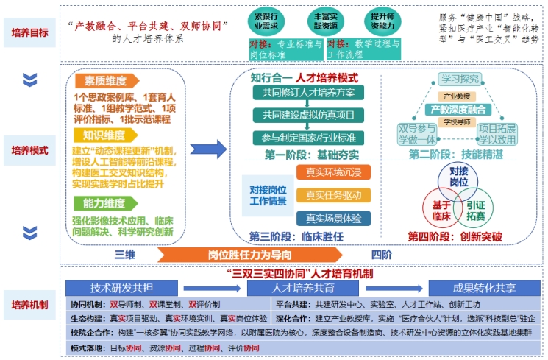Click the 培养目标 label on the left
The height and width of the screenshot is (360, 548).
(30, 32)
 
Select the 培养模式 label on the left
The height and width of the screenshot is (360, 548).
(30, 150)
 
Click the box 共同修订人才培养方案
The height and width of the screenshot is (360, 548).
(307, 93)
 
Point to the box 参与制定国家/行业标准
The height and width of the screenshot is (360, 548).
(307, 137)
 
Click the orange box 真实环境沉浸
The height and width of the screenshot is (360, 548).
(333, 172)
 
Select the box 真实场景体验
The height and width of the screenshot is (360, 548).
(333, 218)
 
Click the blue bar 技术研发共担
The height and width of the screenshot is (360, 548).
(118, 288)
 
